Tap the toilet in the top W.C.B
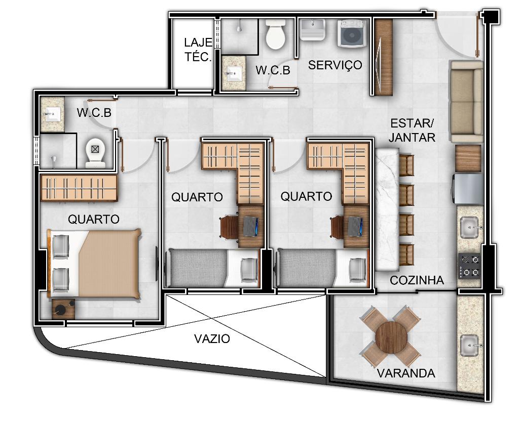click(x=275, y=34)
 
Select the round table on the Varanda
click(x=391, y=337)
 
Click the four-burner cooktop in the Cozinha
click(x=469, y=266)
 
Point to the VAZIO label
click(x=212, y=339)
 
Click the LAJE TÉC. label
click(x=198, y=50)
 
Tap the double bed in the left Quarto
click(x=94, y=264)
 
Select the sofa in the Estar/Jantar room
click(x=466, y=102)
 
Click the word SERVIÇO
click(x=335, y=65)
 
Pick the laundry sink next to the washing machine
click(x=312, y=29)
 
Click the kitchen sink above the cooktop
click(x=469, y=227)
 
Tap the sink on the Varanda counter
click(x=470, y=346)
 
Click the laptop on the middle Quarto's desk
click(x=251, y=226)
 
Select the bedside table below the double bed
click(x=63, y=309)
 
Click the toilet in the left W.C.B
click(x=95, y=153)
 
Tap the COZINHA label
click(x=417, y=280)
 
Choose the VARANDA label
click(x=406, y=373)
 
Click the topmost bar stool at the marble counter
click(x=406, y=165)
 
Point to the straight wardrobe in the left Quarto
click(x=79, y=188)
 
